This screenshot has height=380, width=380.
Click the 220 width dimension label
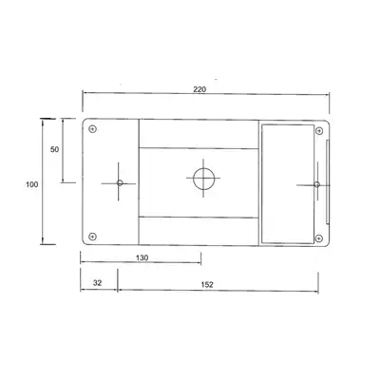199,89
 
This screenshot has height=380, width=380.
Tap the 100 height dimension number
32,184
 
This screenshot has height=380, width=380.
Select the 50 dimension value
55,149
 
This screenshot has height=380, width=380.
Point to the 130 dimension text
142,257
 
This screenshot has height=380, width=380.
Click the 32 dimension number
98,283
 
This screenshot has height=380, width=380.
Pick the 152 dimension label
207,285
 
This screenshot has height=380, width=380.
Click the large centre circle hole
203,179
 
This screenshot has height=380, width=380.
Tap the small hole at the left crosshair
120,182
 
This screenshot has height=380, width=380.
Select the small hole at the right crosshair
316,184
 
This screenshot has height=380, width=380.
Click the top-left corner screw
92,129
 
